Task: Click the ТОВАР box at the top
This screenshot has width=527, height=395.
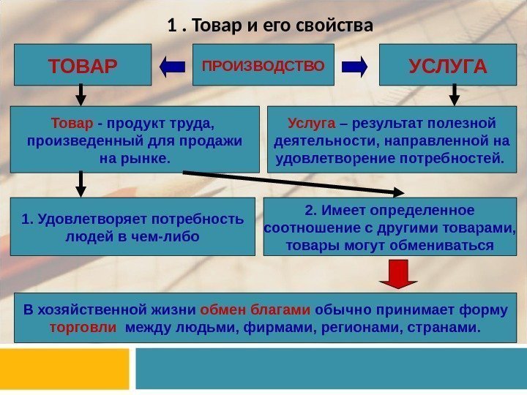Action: pyautogui.click(x=82, y=66)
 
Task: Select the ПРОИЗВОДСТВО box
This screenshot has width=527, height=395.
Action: pyautogui.click(x=263, y=65)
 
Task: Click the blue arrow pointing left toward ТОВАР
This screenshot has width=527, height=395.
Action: pyautogui.click(x=172, y=67)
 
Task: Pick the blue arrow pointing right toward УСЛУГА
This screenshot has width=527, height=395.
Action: pyautogui.click(x=355, y=67)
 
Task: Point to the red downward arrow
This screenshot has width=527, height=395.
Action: pyautogui.click(x=398, y=276)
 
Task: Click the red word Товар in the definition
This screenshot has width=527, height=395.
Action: pyautogui.click(x=72, y=122)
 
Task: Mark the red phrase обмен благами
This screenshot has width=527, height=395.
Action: pyautogui.click(x=255, y=309)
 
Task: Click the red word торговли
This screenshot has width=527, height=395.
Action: pyautogui.click(x=83, y=326)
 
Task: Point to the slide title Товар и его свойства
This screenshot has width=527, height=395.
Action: pyautogui.click(x=270, y=27)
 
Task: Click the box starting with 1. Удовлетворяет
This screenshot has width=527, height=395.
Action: pyautogui.click(x=132, y=227)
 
